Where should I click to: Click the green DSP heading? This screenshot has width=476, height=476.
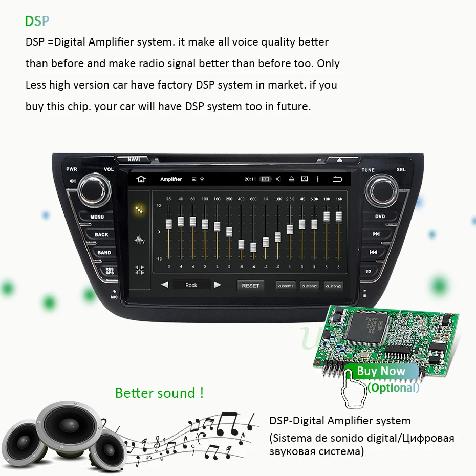point(37,21)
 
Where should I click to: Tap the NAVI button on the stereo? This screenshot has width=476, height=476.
point(133,160)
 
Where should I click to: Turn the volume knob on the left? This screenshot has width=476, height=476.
point(94,189)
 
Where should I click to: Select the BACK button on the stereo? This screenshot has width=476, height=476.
point(101,235)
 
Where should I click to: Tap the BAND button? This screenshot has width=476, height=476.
point(104,253)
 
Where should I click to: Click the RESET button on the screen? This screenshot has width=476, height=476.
point(250,286)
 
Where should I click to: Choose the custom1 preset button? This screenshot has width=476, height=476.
point(286,286)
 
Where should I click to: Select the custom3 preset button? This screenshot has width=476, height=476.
point(334,286)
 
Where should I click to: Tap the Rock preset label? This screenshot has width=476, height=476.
point(191,285)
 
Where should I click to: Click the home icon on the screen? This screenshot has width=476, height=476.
point(141,179)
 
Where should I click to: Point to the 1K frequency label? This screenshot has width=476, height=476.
point(266,199)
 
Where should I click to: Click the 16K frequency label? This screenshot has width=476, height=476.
point(338,199)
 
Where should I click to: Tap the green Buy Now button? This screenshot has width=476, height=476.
point(381,372)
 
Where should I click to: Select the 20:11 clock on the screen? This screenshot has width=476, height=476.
point(250,179)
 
